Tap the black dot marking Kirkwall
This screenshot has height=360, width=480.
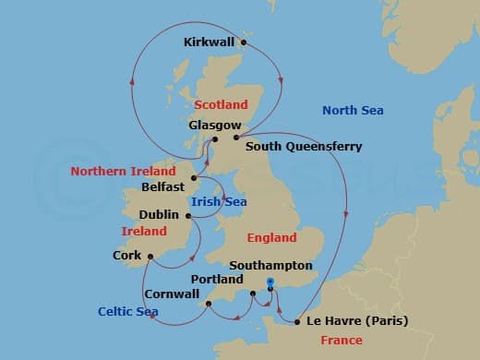click(x=244, y=42)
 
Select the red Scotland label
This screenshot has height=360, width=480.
click(x=222, y=105)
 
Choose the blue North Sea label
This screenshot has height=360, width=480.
click(x=353, y=111)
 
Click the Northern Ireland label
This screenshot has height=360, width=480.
click(x=123, y=172)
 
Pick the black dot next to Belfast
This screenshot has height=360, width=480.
click(x=194, y=177)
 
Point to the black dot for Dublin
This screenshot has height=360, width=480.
click(x=189, y=217)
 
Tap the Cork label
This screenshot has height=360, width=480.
click(x=126, y=255)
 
